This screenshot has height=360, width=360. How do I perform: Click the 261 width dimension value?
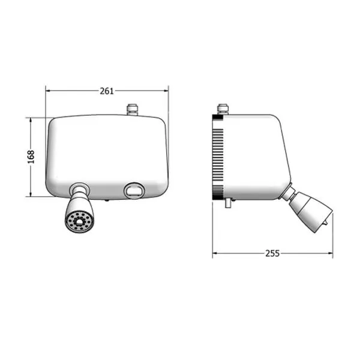[x=107, y=91]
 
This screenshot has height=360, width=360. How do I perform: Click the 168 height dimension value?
[x=31, y=157]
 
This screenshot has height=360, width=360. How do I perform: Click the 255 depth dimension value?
[x=272, y=253]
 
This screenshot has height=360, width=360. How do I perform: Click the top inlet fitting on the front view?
[x=133, y=110]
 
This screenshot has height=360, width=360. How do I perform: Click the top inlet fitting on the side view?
[x=223, y=109]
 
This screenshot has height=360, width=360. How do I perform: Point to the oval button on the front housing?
[x=134, y=191]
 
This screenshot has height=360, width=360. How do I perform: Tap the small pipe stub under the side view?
[x=227, y=203]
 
